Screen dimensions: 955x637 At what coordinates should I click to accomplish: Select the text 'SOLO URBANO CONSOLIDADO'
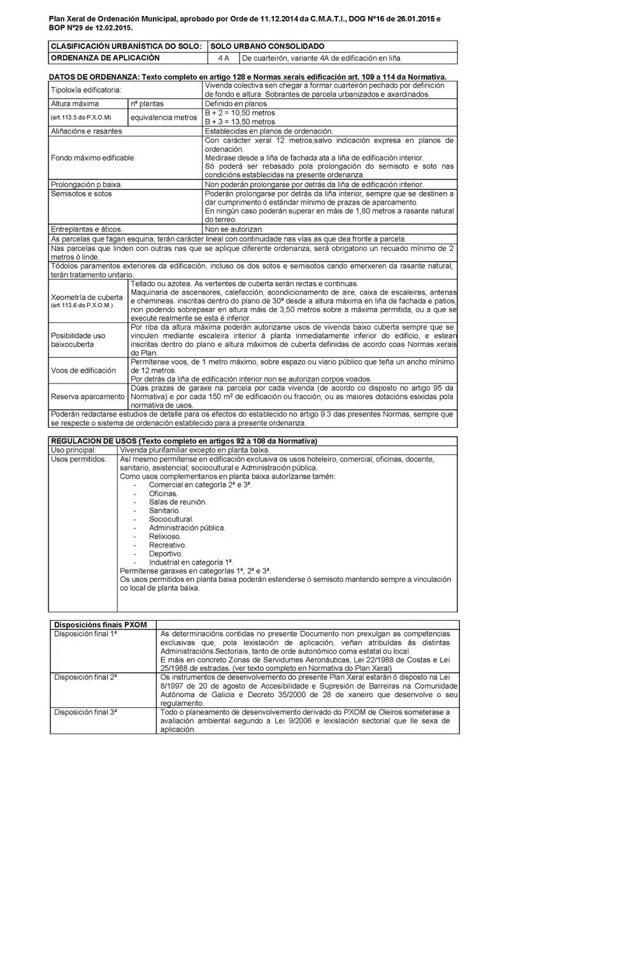[x=268, y=46]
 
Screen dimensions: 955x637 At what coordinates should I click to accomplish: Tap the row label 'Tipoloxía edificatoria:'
[x=86, y=90]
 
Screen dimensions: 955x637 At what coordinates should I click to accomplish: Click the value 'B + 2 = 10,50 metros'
[x=240, y=113]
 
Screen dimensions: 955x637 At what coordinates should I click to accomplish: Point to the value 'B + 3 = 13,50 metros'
[x=240, y=122]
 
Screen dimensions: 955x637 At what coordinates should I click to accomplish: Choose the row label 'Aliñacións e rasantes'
[x=86, y=131]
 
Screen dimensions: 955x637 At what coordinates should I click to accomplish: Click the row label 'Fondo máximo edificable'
[x=92, y=158]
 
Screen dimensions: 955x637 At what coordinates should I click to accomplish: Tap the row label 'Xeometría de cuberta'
[x=87, y=297]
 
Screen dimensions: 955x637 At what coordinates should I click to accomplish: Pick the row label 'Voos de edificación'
[x=83, y=371]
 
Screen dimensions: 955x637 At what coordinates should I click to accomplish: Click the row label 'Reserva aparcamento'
[x=88, y=397]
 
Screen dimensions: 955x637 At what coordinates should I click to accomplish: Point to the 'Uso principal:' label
[x=73, y=450]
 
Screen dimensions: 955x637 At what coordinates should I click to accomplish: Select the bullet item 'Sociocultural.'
[x=171, y=520]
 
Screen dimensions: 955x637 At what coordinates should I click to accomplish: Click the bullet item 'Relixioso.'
[x=165, y=537]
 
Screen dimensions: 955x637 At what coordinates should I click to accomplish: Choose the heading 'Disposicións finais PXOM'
[x=101, y=625]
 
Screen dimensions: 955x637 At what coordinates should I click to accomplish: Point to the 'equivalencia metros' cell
[x=164, y=117]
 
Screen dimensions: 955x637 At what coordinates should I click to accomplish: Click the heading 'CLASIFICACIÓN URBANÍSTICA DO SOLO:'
[x=126, y=46]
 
